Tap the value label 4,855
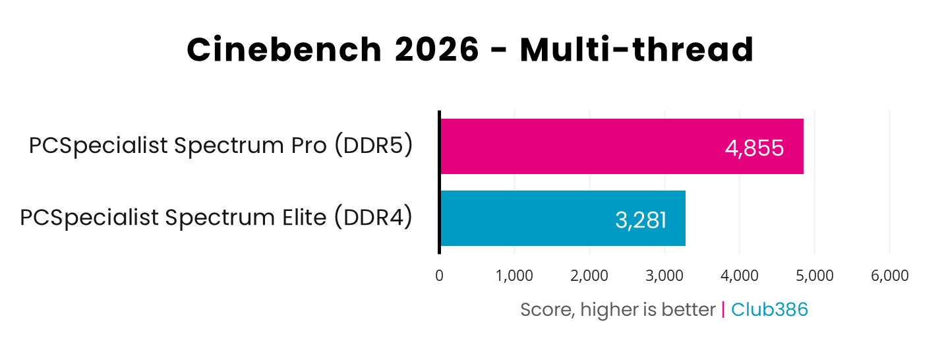[x=754, y=148]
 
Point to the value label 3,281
[x=640, y=220]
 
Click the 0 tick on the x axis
[x=439, y=276]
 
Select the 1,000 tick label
[x=514, y=276]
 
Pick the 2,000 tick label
[x=589, y=276]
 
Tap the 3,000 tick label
[x=664, y=276]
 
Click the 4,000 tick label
[x=740, y=276]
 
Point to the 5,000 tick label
[x=815, y=276]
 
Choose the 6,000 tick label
[x=890, y=276]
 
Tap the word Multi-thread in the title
[x=637, y=50]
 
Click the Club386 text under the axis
[x=769, y=310]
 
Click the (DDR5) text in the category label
[x=374, y=146]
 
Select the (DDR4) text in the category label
[x=373, y=218]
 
